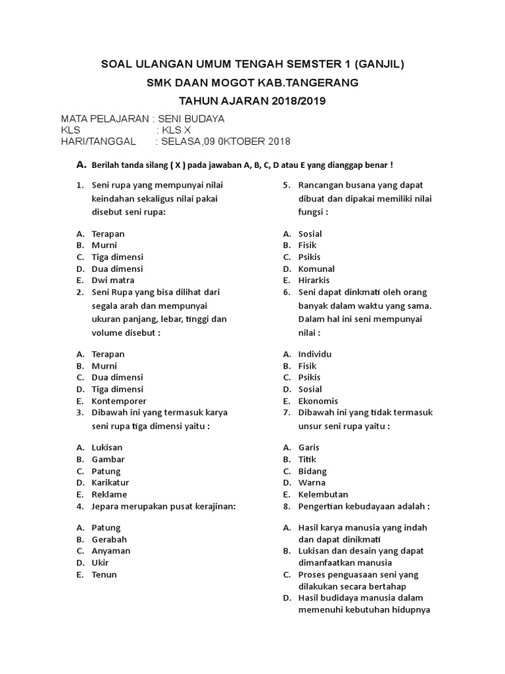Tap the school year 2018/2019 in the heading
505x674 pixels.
point(294,101)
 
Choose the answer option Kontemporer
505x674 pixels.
point(119,401)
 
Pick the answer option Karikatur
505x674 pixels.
point(110,482)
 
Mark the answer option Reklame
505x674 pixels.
point(109,494)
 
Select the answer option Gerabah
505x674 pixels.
point(109,539)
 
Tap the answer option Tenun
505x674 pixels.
point(105,575)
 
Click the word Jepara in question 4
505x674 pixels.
point(107,506)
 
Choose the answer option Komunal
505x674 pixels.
point(316,269)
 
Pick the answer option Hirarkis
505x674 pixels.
point(314,280)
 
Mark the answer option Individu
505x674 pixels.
point(315,354)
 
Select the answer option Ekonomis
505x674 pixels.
point(318,401)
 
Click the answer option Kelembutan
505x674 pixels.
point(323,494)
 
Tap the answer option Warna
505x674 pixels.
point(312,482)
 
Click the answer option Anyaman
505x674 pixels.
point(111,551)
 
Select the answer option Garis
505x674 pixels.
point(309,448)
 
